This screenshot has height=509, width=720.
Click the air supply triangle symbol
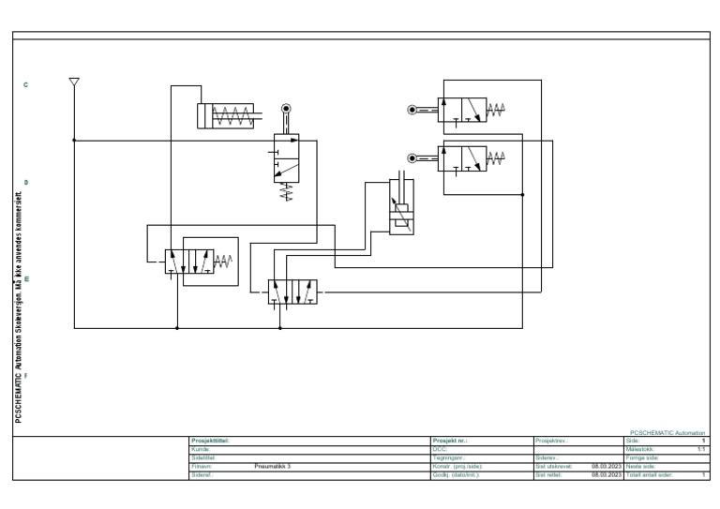pyautogui.click(x=74, y=82)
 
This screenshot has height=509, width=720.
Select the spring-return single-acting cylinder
pyautogui.click(x=225, y=115)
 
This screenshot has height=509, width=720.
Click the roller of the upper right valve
pyautogui.click(x=412, y=110)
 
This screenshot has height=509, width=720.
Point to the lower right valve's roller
pyautogui.click(x=412, y=157)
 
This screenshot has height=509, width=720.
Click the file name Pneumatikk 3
pyautogui.click(x=273, y=466)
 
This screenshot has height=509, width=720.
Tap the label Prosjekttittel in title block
pyautogui.click(x=210, y=441)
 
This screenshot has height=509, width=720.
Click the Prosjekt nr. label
pyautogui.click(x=452, y=441)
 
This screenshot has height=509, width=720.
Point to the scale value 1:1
pyautogui.click(x=700, y=449)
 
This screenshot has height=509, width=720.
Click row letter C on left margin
pyautogui.click(x=25, y=85)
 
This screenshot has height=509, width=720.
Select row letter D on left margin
pyautogui.click(x=25, y=182)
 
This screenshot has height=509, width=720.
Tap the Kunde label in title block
pyautogui.click(x=200, y=449)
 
